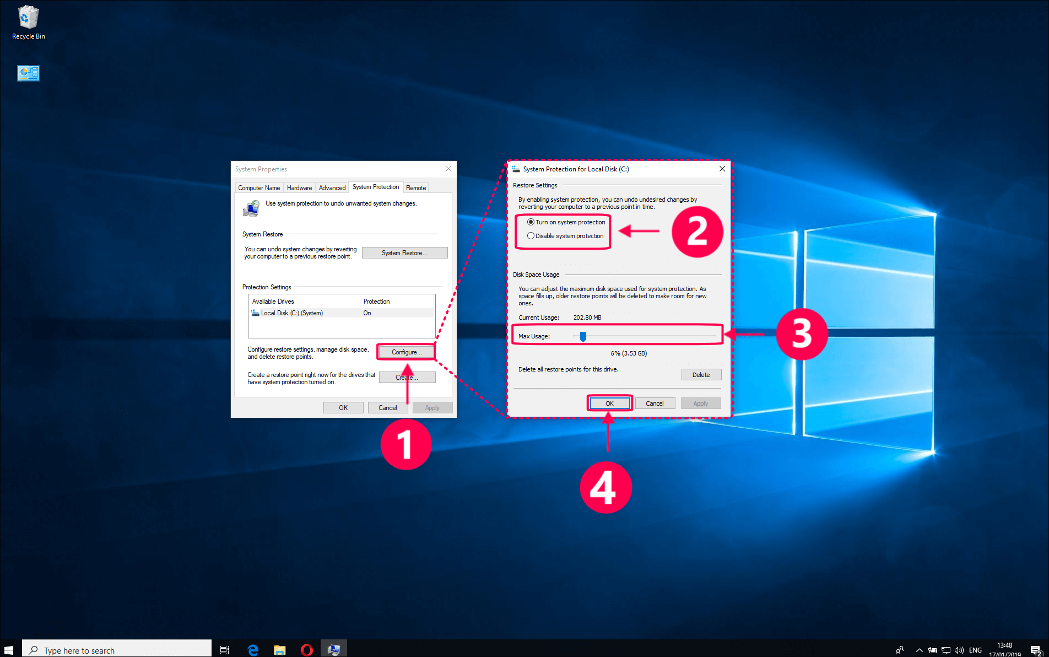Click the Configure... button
(x=406, y=352)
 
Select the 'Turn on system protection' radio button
(x=531, y=222)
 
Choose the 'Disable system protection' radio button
(x=531, y=236)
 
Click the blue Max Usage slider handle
(x=583, y=336)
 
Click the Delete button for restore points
(x=701, y=375)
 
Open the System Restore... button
(x=404, y=253)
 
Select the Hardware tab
(x=299, y=188)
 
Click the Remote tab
(x=416, y=188)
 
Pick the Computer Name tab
(x=259, y=188)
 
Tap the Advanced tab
(x=332, y=188)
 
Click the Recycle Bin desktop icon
(x=28, y=22)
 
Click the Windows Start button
(x=9, y=650)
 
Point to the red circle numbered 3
(x=801, y=334)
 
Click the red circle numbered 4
(x=605, y=488)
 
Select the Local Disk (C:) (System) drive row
(x=292, y=313)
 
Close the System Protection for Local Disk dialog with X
(x=722, y=169)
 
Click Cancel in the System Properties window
(x=387, y=408)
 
